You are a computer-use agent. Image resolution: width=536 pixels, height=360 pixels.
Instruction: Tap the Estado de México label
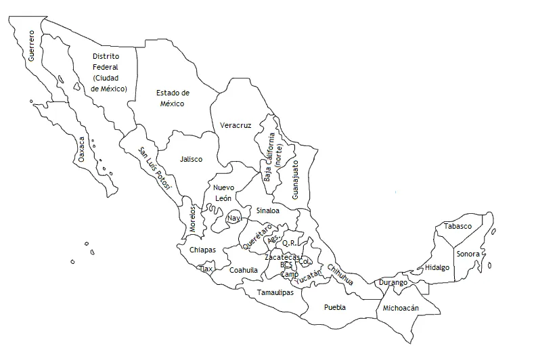click(x=173, y=98)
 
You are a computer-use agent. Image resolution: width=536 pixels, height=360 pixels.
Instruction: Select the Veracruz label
click(x=236, y=126)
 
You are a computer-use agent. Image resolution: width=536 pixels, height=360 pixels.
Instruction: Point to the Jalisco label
click(x=192, y=160)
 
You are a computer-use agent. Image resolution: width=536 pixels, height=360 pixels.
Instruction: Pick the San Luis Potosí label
click(x=155, y=167)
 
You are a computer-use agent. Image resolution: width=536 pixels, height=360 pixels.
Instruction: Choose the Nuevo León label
click(x=223, y=193)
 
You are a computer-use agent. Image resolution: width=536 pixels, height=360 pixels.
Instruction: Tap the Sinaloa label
click(x=268, y=211)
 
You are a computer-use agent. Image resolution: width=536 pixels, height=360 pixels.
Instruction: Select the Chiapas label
click(x=202, y=250)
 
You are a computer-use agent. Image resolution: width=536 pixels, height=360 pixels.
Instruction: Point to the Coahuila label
click(x=244, y=270)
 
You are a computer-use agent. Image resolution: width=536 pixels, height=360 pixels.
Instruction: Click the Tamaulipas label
click(x=275, y=293)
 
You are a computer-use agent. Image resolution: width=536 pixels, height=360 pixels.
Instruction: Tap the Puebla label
click(x=335, y=307)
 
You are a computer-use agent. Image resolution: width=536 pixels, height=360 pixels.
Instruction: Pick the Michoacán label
click(x=401, y=308)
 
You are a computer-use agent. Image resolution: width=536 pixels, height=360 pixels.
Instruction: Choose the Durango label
click(x=393, y=282)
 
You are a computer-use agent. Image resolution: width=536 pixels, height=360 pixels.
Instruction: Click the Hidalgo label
click(x=437, y=268)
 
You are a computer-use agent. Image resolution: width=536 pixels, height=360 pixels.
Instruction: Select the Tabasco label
click(x=458, y=227)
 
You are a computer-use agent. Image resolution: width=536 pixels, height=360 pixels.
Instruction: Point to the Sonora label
click(x=468, y=254)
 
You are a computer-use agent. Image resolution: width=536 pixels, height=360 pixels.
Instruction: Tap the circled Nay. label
click(x=234, y=219)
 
